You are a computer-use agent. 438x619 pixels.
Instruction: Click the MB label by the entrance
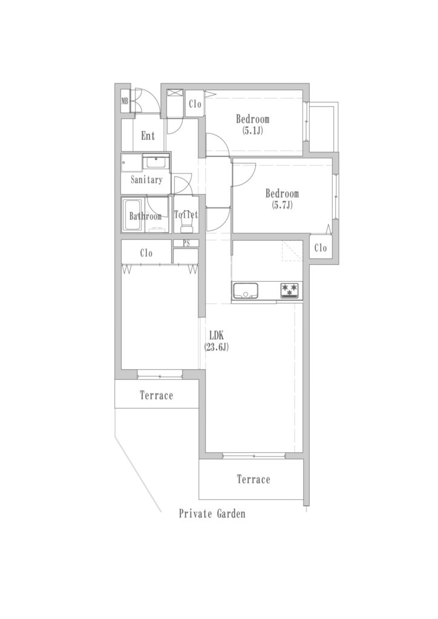125,101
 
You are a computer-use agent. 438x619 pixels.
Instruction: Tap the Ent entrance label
148,136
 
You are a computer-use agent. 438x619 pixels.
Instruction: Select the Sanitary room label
146,180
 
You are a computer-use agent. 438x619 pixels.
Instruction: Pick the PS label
186,244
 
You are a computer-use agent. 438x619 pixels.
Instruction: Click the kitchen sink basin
245,291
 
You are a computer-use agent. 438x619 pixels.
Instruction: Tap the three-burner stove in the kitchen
290,290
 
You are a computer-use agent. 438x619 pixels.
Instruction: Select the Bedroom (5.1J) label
253,125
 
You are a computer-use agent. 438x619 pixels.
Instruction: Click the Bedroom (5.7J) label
282,199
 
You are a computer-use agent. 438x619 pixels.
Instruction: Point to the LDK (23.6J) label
217,341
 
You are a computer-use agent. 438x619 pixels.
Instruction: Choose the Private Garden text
212,514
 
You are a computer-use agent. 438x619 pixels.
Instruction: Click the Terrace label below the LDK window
253,479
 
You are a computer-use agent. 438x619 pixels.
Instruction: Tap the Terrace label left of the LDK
157,395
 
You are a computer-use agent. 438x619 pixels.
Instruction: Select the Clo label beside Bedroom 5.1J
195,104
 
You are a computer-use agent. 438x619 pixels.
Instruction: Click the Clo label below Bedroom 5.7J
321,247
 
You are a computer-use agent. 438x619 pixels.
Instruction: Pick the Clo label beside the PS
146,253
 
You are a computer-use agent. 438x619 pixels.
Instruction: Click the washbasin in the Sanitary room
155,162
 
